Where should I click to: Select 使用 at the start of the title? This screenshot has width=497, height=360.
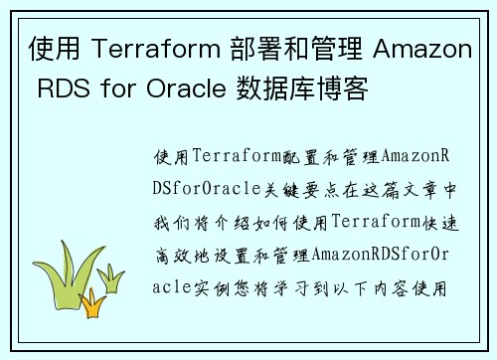tap(49, 49)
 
